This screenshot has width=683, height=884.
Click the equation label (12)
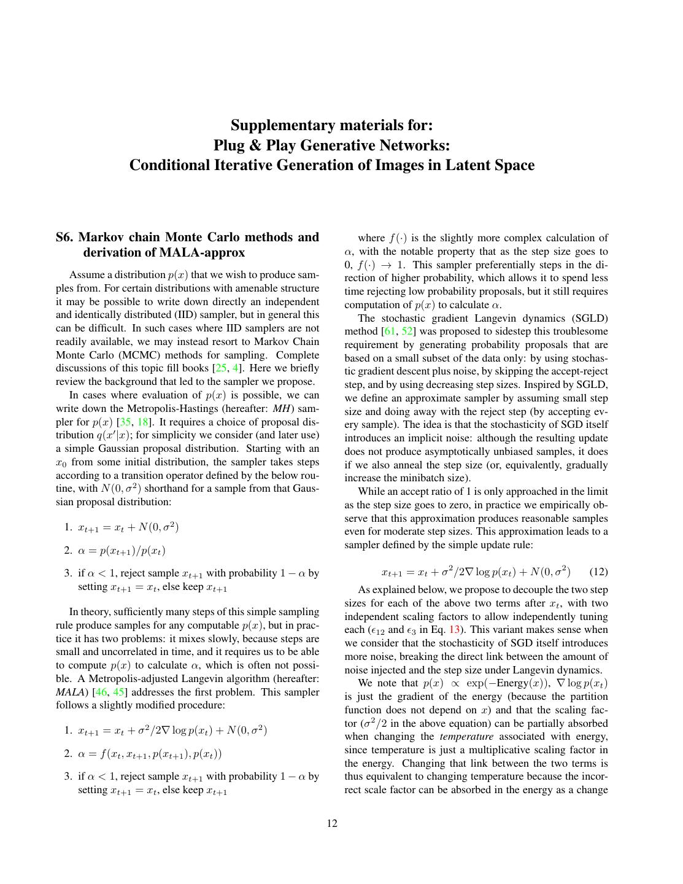tap(598, 572)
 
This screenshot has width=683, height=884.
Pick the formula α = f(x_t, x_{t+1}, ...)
tap(150, 754)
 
